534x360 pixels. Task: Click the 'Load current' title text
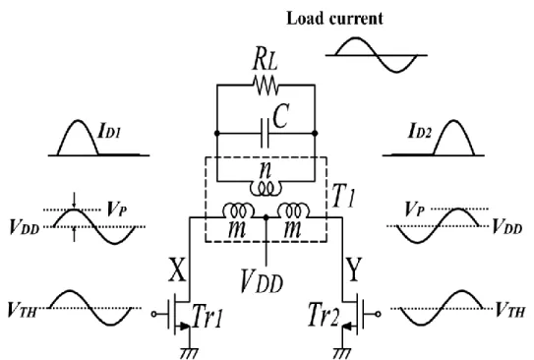(334, 19)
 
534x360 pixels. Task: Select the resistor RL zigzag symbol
(266, 86)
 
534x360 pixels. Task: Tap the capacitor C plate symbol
(265, 133)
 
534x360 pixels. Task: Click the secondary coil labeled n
(266, 189)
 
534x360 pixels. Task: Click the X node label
(177, 270)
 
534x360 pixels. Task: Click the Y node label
(353, 270)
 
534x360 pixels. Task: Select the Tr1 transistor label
(208, 317)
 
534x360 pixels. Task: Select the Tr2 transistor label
(324, 316)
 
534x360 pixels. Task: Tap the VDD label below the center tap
(262, 281)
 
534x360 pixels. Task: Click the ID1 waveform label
(109, 131)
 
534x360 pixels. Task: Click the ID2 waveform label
(420, 131)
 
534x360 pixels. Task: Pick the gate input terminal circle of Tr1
(154, 315)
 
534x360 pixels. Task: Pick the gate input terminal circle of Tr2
(378, 314)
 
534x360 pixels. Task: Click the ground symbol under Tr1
(189, 353)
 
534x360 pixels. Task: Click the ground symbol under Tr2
(341, 353)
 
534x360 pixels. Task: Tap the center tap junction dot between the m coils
(267, 217)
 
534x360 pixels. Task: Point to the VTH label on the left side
(22, 310)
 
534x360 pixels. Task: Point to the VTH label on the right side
(509, 310)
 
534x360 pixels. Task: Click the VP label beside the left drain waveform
(117, 210)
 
